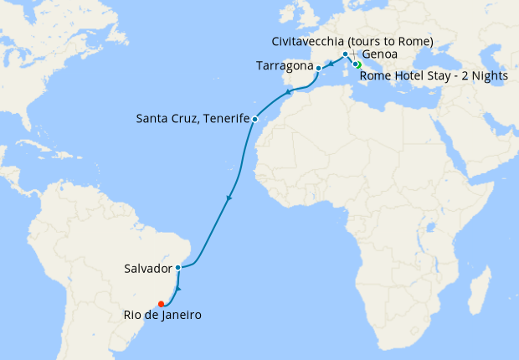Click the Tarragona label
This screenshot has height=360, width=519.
coord(284,65)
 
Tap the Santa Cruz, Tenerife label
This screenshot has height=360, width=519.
coord(193,119)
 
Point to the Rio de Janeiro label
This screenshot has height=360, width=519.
coord(160,315)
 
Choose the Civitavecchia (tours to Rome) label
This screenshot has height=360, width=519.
coord(352,41)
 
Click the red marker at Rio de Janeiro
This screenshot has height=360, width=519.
coord(161,304)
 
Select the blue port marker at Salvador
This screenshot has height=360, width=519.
coord(178,268)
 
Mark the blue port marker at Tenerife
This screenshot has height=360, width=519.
coord(254,119)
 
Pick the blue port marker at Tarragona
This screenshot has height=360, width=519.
coord(317,67)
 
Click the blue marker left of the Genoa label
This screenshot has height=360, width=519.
coord(345,54)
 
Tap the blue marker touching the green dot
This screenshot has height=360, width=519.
coord(355,64)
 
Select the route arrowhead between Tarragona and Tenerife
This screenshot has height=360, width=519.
coord(289,92)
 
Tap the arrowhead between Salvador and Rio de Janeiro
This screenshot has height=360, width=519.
coord(177,288)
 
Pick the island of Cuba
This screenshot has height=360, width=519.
coord(93,152)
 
